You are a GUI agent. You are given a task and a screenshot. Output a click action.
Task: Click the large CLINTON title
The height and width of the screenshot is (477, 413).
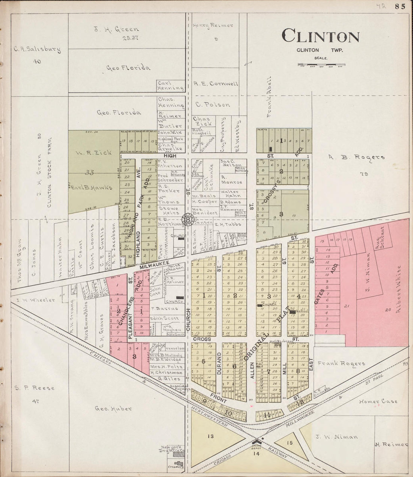320,36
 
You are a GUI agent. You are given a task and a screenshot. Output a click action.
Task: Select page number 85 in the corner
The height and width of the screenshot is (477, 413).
399,6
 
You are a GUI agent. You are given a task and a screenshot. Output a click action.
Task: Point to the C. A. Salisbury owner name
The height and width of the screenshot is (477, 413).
37,49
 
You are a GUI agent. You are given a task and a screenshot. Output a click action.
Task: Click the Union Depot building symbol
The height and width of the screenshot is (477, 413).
258,441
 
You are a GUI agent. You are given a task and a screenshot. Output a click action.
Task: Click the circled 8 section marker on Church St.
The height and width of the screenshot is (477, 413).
187,219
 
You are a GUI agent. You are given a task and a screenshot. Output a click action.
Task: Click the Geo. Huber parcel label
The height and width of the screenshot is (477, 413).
108,409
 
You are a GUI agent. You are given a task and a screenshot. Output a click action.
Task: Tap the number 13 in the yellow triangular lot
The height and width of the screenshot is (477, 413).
210,436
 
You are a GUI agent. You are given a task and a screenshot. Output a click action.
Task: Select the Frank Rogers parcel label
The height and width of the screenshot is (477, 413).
341,363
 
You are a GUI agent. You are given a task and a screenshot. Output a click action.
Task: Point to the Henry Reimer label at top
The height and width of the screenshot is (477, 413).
213,26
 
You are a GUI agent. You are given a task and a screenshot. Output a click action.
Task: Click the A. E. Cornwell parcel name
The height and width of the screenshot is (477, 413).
216,83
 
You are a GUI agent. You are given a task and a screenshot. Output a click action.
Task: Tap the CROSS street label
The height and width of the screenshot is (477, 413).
200,339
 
